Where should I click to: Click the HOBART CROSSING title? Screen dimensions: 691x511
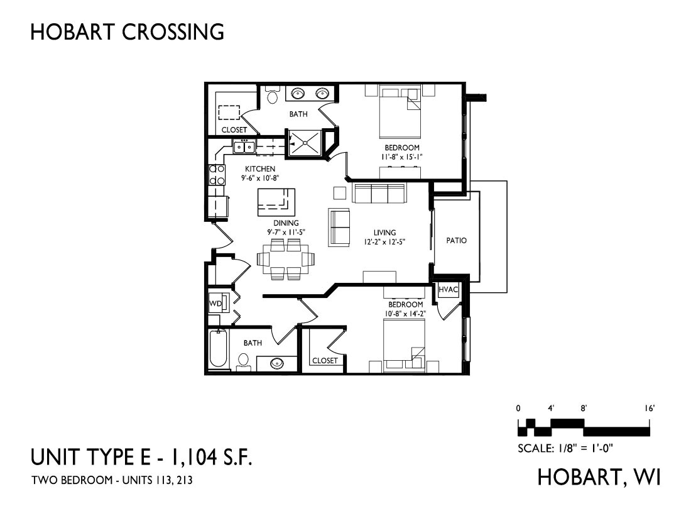click(x=127, y=32)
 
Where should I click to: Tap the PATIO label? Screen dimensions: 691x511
click(x=456, y=240)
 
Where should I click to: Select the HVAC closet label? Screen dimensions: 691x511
click(x=448, y=290)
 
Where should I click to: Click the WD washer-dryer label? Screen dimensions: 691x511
click(x=215, y=304)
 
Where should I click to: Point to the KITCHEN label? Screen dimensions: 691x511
click(x=260, y=169)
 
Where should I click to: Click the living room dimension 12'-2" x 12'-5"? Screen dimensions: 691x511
click(x=384, y=241)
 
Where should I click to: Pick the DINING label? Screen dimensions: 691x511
click(x=286, y=223)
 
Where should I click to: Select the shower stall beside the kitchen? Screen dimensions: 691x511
click(x=304, y=143)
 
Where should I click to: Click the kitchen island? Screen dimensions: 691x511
click(x=276, y=202)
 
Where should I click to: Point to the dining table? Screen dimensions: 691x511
click(x=286, y=259)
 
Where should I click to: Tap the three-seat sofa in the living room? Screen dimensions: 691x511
click(x=379, y=193)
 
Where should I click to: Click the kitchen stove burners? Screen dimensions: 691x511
click(x=216, y=175)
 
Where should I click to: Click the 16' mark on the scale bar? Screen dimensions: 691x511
click(x=650, y=409)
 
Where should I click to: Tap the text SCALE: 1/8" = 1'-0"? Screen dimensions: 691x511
click(x=565, y=448)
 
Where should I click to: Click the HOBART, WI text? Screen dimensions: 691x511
click(x=599, y=477)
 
